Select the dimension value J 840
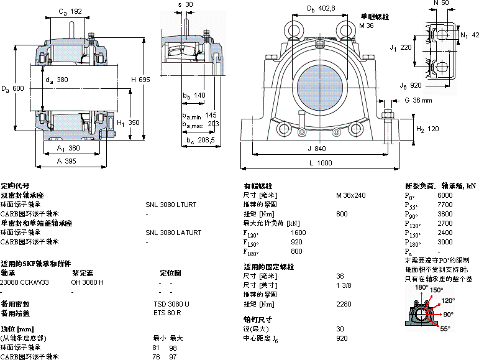(317, 149)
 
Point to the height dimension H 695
(141, 80)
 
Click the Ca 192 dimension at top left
(70, 11)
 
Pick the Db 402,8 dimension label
(321, 8)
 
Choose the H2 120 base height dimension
(427, 129)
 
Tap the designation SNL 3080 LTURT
(171, 204)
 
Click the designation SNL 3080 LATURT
(173, 233)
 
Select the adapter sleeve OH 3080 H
(88, 282)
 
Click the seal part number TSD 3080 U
(171, 304)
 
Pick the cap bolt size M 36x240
(351, 195)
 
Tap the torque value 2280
(344, 304)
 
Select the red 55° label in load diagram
(445, 328)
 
